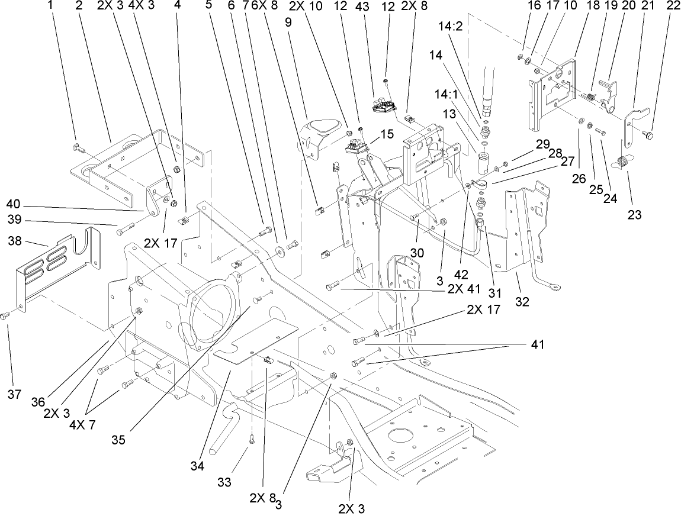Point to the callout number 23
635,215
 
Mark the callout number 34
197,466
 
